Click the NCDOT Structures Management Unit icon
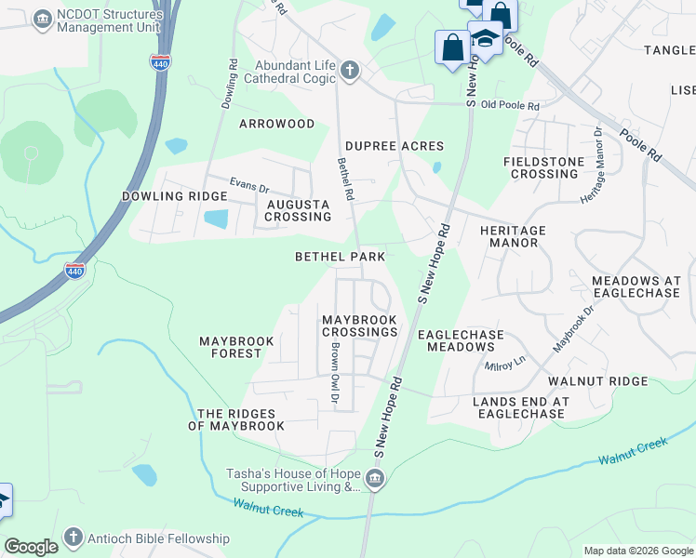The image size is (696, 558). coord(42,19)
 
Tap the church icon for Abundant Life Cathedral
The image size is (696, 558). coord(349,71)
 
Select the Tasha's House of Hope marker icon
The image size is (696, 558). coord(374,480)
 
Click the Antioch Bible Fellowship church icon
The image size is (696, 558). coord(74,538)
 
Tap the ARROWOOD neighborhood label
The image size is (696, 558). coord(276,124)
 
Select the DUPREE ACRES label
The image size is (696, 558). coord(394,146)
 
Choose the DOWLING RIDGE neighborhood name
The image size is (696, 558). coord(174,196)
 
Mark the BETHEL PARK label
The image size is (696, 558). coord(340,256)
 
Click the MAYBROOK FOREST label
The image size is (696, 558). coord(236,347)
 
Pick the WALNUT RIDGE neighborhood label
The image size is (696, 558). coord(597,381)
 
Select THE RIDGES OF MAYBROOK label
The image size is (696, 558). coord(236,419)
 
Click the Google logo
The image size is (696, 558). coord(31,547)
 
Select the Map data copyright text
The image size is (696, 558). coord(637,551)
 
